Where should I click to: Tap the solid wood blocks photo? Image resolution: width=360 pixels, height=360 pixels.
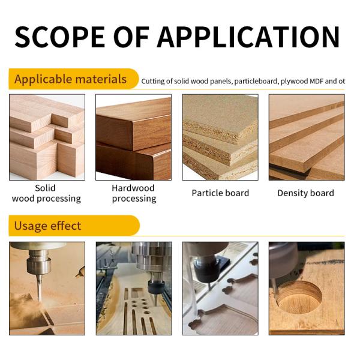pyautogui.click(x=47, y=137)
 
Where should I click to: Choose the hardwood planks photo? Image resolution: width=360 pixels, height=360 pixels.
pyautogui.click(x=133, y=137)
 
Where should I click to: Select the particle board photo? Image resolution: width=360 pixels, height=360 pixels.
pyautogui.click(x=220, y=137)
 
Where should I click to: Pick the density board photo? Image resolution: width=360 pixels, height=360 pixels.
pyautogui.click(x=306, y=137)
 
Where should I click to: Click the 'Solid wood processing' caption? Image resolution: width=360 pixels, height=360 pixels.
pyautogui.click(x=46, y=193)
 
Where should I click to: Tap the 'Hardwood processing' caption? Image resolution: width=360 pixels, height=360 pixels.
pyautogui.click(x=133, y=193)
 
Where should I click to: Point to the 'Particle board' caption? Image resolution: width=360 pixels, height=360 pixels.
pyautogui.click(x=220, y=193)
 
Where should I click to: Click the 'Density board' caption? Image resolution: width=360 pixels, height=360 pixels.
pyautogui.click(x=306, y=193)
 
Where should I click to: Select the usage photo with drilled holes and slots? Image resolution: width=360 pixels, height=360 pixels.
pyautogui.click(x=133, y=288)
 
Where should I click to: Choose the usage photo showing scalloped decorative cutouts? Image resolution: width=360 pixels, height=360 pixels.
pyautogui.click(x=220, y=288)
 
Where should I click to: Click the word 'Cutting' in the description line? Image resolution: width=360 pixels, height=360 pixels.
pyautogui.click(x=153, y=80)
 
